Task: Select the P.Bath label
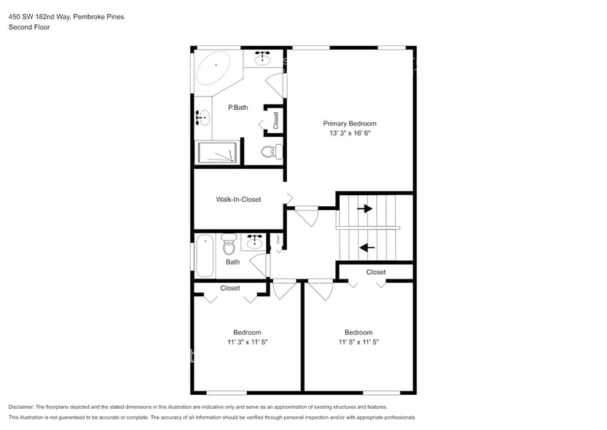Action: tap(237, 107)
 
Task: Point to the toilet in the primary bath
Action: tap(270, 152)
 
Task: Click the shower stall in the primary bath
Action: tap(218, 153)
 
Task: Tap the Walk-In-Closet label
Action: tap(238, 199)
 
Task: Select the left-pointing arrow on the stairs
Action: tap(367, 247)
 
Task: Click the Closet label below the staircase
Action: tap(376, 272)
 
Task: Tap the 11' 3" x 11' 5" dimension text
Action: tap(247, 342)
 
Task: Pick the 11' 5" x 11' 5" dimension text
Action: tap(359, 342)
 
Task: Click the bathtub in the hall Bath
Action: tap(205, 255)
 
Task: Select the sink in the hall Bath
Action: tap(255, 242)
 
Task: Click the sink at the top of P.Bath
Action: tap(262, 59)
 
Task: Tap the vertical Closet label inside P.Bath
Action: tap(276, 120)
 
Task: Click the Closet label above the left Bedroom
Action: tap(230, 288)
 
